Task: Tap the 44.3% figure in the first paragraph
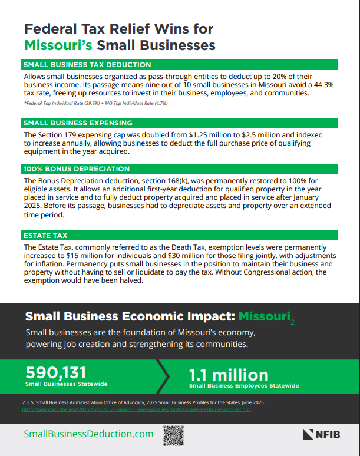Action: (320, 85)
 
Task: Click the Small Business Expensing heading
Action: (77, 123)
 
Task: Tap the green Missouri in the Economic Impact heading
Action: (263, 316)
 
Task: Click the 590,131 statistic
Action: (56, 372)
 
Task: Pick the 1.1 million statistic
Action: (228, 375)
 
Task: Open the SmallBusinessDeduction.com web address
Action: (88, 434)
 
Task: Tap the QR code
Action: (173, 435)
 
